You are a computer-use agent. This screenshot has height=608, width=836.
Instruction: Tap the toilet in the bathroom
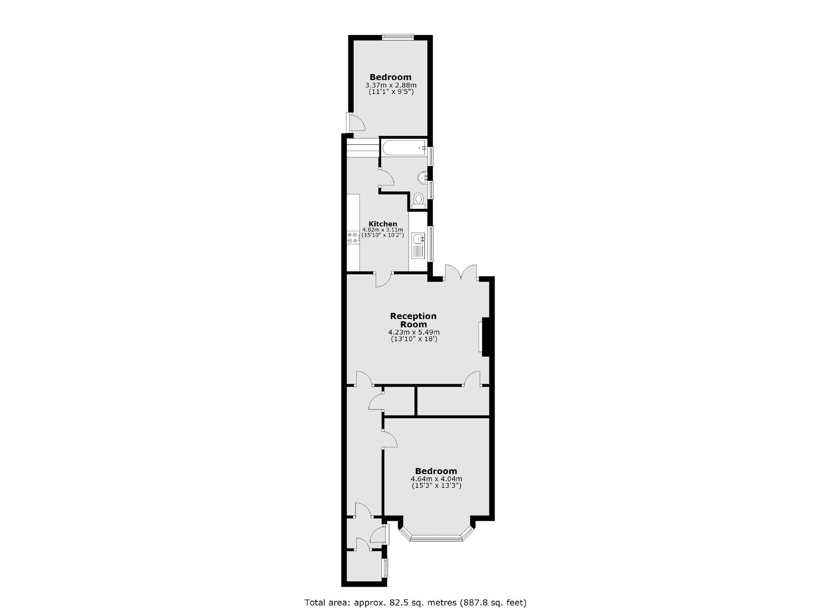[x=419, y=200]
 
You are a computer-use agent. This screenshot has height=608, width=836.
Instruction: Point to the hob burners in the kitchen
[x=64, y=237]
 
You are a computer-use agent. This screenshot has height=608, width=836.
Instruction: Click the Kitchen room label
[x=383, y=224]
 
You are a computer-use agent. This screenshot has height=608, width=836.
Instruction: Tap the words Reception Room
[x=413, y=320]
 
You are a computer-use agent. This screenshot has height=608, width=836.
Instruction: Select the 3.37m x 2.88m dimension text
[x=391, y=85]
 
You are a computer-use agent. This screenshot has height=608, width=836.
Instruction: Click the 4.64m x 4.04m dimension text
[x=436, y=479]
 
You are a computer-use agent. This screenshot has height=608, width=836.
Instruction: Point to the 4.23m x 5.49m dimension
[x=413, y=332]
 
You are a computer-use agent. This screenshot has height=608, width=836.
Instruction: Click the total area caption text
[x=415, y=602]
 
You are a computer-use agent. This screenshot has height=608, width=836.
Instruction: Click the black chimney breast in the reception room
[x=486, y=336]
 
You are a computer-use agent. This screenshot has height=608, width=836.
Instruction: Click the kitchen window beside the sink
[x=431, y=244]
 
